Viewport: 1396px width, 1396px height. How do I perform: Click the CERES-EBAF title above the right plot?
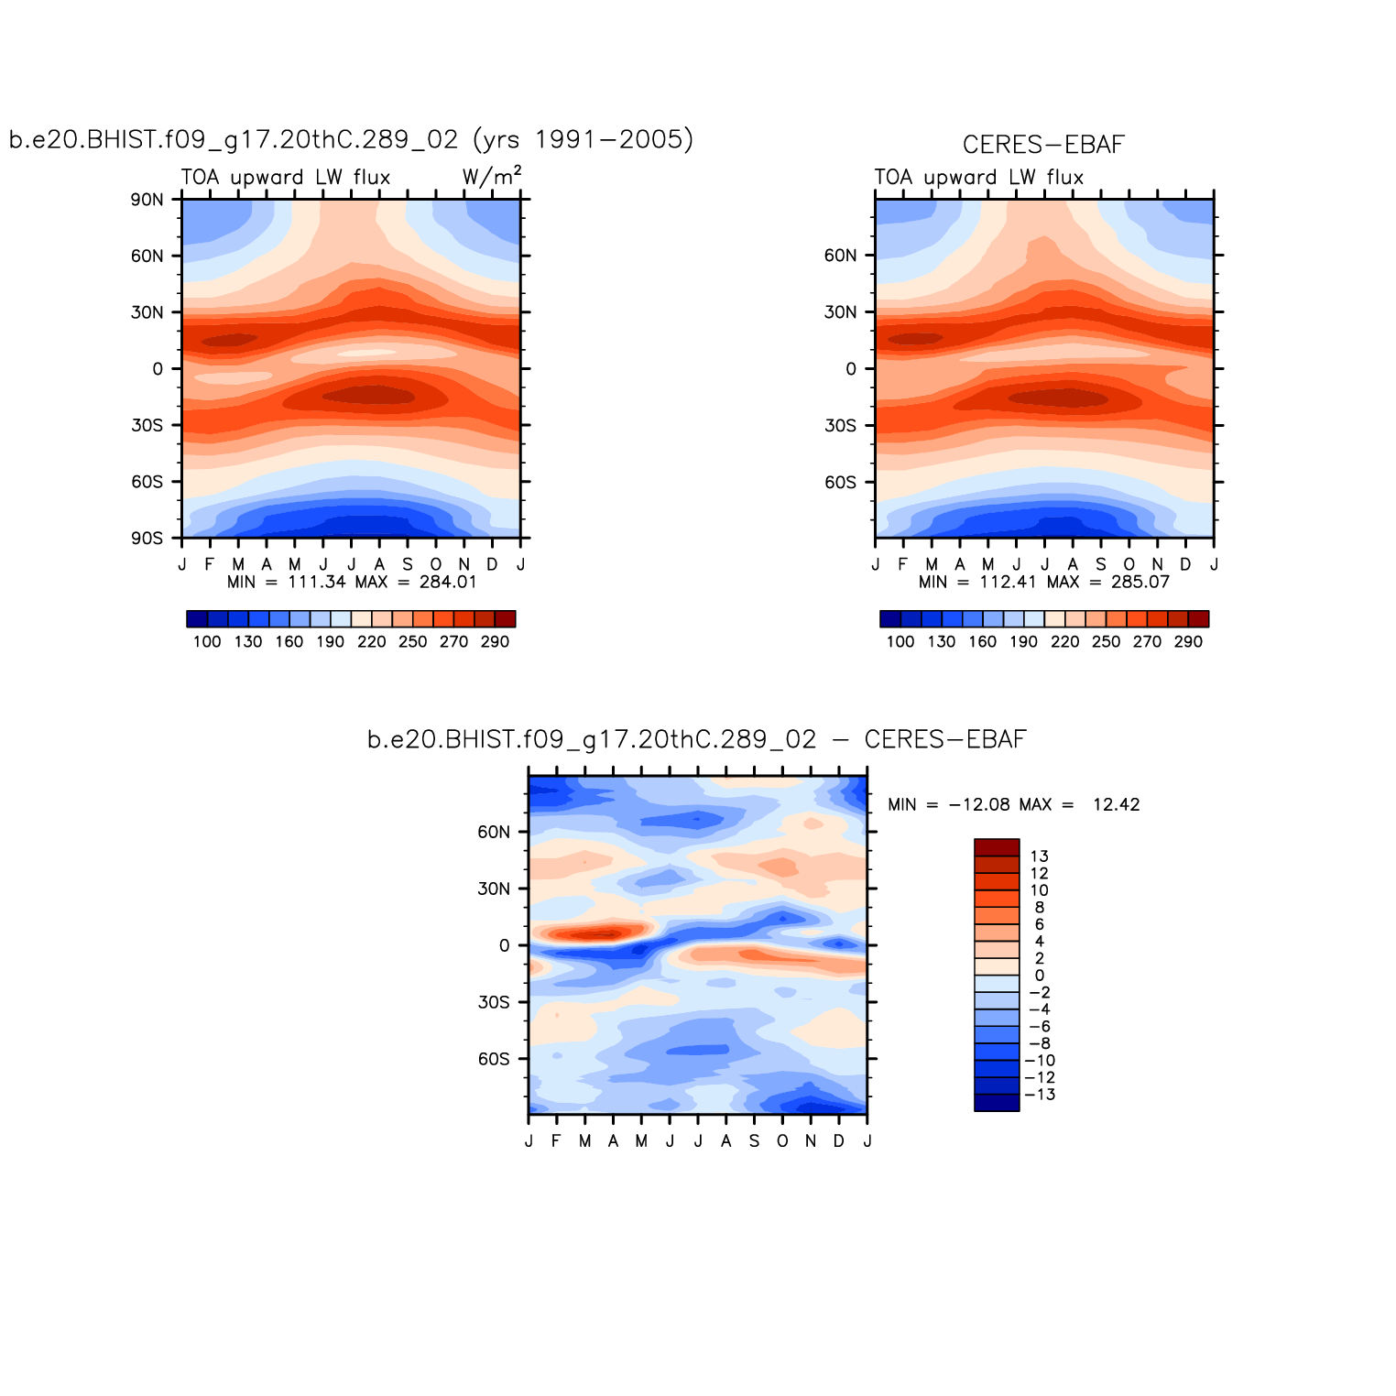tap(1043, 145)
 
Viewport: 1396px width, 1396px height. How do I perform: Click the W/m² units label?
tap(492, 176)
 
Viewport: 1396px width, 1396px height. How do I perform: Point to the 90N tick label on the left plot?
tap(147, 200)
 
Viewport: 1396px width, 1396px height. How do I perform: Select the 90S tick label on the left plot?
tap(147, 539)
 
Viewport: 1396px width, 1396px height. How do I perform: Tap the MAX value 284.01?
tap(448, 582)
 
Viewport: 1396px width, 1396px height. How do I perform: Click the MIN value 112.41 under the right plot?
tap(1008, 582)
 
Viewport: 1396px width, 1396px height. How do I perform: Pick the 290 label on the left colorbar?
tap(495, 642)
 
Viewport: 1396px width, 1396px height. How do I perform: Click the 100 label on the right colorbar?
tap(900, 642)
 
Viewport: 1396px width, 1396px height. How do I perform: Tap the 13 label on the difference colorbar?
tap(1039, 857)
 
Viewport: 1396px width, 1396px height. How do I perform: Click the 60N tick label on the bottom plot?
tap(494, 833)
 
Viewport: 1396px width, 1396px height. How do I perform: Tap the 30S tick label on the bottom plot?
tap(494, 1003)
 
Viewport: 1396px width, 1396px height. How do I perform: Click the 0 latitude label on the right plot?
tap(851, 369)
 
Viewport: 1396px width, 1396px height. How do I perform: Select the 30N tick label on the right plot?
tap(840, 312)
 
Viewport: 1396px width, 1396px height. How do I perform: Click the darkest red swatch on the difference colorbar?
tap(997, 847)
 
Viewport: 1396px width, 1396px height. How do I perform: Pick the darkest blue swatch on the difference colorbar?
tap(997, 1103)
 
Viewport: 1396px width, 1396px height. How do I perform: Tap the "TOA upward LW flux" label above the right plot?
tap(978, 178)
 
